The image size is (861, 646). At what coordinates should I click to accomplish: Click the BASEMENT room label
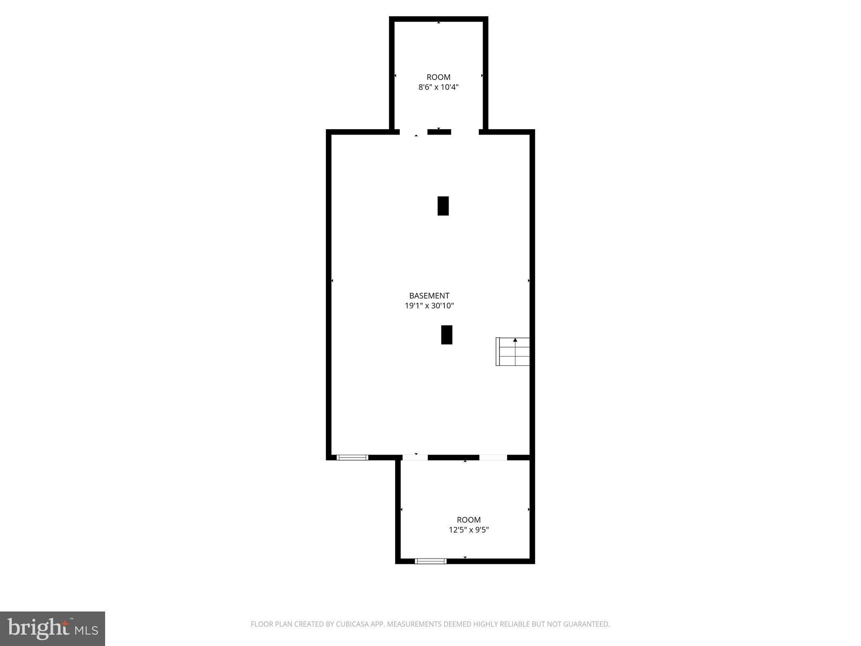coord(429,296)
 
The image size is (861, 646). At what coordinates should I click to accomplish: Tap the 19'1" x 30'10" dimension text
coord(429,306)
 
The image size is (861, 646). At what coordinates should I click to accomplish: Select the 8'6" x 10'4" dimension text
coord(438,87)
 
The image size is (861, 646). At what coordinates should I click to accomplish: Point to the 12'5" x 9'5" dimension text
coord(469,530)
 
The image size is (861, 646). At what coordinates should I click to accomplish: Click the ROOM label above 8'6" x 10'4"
coord(438,77)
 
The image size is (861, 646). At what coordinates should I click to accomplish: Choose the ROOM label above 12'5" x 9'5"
coord(469,520)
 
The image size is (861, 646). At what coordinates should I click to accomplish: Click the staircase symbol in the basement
coord(513,352)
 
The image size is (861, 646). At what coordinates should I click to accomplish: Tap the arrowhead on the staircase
coord(515,340)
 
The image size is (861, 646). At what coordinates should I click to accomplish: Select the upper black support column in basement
coord(443,206)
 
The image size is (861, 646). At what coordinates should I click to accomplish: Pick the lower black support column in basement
coord(446,335)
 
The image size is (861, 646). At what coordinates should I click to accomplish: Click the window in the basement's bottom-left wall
coord(352,458)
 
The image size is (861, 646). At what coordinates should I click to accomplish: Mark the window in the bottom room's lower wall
coord(430,561)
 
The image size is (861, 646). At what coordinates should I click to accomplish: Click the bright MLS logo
coord(53,629)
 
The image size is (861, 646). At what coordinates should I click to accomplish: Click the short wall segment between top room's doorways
coord(439,132)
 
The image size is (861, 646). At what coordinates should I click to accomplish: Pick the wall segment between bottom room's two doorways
coord(453,458)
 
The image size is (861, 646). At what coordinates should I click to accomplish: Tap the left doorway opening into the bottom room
coord(415,458)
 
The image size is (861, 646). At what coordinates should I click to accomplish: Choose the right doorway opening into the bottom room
coord(493,458)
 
